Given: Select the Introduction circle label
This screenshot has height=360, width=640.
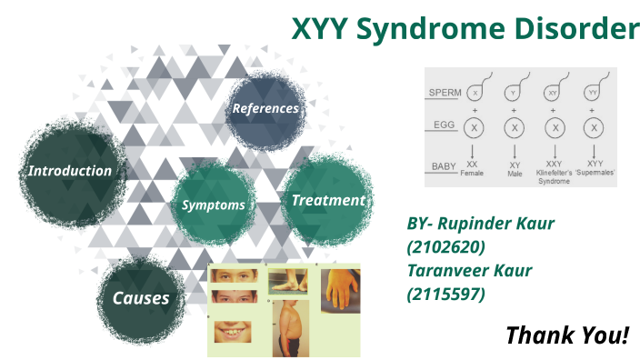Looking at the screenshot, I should (x=69, y=171).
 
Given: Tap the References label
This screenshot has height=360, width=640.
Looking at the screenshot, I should (x=265, y=108).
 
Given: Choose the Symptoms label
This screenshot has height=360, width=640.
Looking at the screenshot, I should (x=213, y=205).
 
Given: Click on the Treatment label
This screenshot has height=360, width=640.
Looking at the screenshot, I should (x=327, y=200).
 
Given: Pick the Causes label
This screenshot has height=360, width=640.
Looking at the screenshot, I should (x=141, y=298).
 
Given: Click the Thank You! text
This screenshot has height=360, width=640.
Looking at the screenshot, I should (x=567, y=335).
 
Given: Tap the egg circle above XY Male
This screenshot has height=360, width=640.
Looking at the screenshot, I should (x=515, y=128).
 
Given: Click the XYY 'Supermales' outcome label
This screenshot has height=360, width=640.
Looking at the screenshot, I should (x=593, y=168).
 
